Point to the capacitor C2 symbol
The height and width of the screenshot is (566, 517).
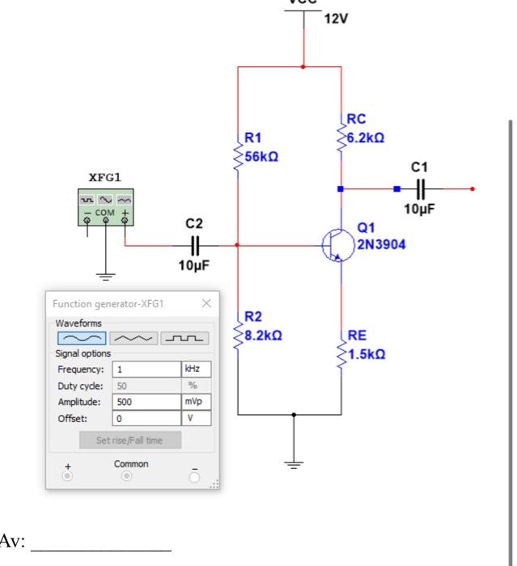[x=194, y=243]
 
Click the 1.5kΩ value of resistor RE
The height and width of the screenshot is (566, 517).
[x=367, y=353]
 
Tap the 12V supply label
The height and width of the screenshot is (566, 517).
[x=337, y=19]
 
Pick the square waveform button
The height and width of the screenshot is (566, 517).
[x=185, y=337]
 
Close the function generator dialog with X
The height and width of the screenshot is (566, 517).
[x=206, y=303]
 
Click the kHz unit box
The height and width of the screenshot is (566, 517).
[x=196, y=370]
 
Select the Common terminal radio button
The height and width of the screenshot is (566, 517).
[x=125, y=476]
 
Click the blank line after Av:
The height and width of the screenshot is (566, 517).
[x=101, y=541]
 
